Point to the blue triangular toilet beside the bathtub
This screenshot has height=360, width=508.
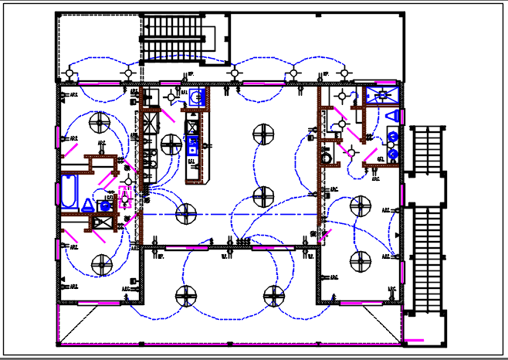[x=88, y=205]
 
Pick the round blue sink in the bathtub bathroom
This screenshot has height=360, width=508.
[x=104, y=207]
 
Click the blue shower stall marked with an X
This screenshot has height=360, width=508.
[x=381, y=96]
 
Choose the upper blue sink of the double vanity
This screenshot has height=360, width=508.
[x=393, y=138]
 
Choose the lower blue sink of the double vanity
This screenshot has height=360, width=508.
[x=393, y=155]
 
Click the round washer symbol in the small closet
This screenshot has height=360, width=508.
[x=326, y=157]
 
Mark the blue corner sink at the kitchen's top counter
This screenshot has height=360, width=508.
[x=197, y=97]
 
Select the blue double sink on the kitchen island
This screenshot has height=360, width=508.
[x=193, y=146]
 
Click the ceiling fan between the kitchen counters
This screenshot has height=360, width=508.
[x=171, y=144]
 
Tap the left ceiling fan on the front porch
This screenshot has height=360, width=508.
[x=186, y=295]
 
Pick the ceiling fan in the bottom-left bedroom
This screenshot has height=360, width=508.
[x=100, y=266]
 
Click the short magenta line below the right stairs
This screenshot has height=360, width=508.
[x=415, y=338]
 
